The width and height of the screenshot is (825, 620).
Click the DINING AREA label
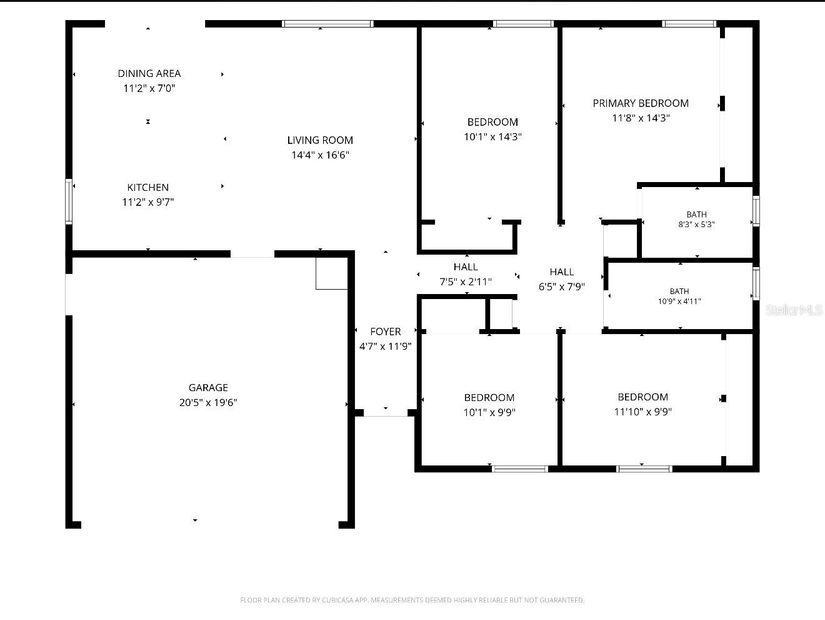(149, 73)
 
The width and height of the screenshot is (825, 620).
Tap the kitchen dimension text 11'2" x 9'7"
(148, 202)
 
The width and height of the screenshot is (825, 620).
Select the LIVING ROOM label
(320, 140)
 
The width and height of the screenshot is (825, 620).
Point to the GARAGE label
(208, 387)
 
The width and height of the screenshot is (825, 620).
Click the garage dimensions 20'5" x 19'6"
(208, 402)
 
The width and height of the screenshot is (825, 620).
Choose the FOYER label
(386, 332)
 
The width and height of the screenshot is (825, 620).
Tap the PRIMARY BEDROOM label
(641, 103)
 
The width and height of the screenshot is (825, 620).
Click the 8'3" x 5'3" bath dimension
(696, 225)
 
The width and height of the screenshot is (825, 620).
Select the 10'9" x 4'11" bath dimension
(679, 302)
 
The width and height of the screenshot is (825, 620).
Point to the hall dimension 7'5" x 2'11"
(466, 282)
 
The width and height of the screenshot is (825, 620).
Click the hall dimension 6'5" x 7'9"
(562, 287)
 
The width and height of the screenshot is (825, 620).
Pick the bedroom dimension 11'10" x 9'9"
(643, 412)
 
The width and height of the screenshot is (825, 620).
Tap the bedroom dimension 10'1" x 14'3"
(492, 137)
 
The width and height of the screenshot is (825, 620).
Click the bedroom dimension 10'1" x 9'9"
(489, 413)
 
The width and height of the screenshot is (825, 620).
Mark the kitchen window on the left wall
(69, 201)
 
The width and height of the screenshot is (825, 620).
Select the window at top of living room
(327, 24)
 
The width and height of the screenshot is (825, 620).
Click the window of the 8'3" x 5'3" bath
(756, 211)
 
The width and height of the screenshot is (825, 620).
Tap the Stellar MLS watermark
(794, 310)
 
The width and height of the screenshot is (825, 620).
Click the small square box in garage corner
(331, 273)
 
